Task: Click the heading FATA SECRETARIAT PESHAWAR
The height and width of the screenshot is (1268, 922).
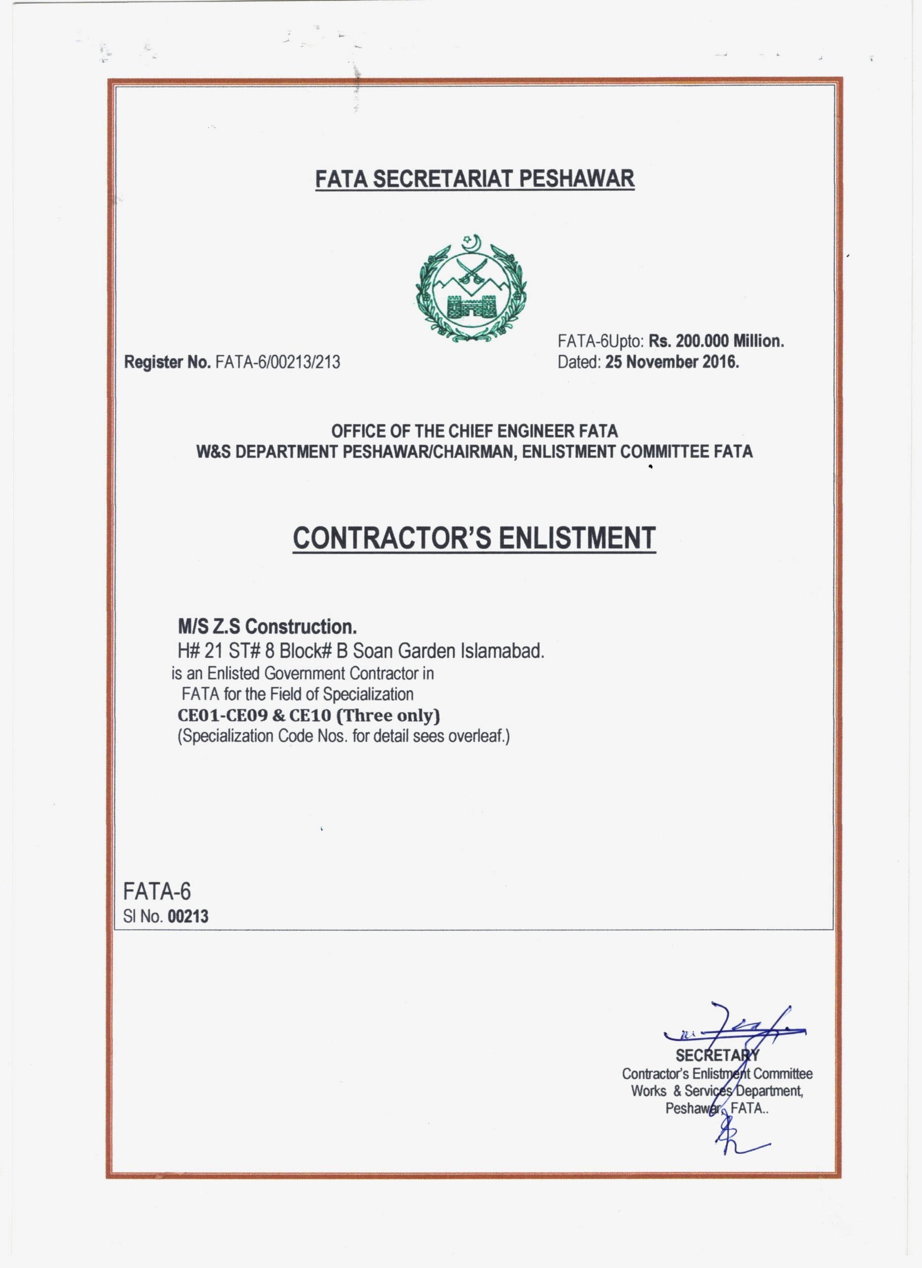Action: tap(475, 179)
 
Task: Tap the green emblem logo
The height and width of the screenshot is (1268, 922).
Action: tap(471, 287)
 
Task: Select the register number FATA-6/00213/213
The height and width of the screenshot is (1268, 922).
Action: tap(277, 362)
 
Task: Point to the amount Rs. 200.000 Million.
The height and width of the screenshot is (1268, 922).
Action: tap(716, 341)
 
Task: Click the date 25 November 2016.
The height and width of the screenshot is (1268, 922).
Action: tap(671, 362)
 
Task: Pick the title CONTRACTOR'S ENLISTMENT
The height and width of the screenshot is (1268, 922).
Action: tap(474, 538)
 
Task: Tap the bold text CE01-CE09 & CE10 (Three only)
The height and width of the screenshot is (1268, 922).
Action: tap(309, 716)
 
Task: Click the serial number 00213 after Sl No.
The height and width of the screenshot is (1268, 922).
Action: tap(188, 916)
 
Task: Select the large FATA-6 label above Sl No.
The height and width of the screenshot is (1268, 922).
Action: tap(157, 891)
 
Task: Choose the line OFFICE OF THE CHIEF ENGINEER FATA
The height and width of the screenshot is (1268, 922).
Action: tap(474, 431)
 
